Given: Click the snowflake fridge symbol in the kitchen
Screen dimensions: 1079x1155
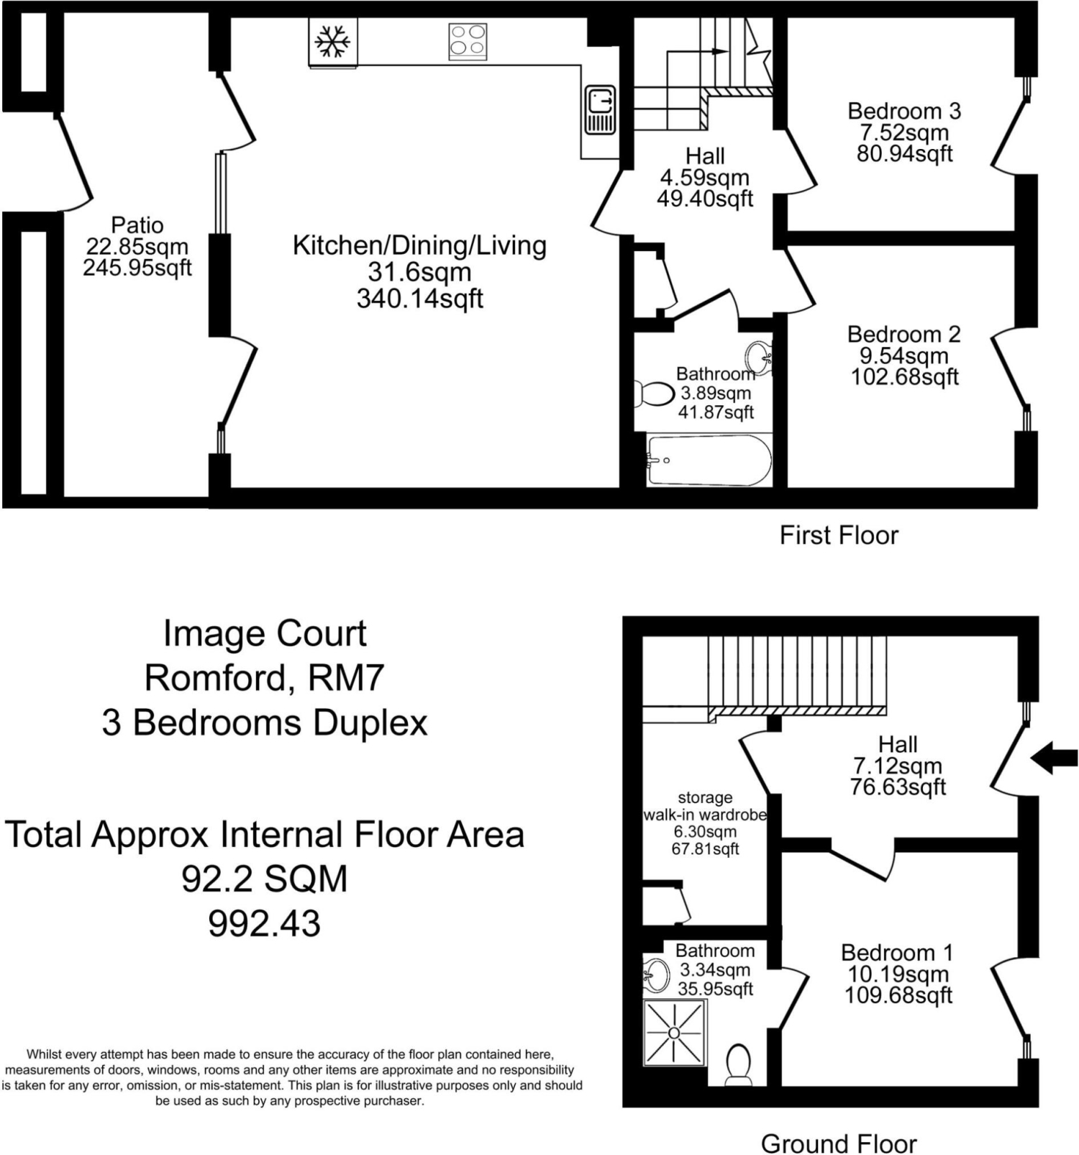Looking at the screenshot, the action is point(333,42).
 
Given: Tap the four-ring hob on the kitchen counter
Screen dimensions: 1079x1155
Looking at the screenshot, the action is point(468,41).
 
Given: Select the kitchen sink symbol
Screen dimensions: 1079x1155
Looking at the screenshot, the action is point(601,110).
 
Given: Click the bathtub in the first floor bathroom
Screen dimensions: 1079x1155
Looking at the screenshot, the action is point(709,460).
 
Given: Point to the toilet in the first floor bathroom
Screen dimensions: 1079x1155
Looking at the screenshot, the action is point(654,394).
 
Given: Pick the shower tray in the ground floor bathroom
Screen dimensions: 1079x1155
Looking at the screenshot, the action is point(674,1033).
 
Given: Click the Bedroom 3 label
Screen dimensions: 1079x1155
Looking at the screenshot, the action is point(904,111).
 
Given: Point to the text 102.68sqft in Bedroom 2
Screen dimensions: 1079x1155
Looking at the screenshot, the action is point(905,376).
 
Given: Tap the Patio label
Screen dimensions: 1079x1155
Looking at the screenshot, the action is point(137,225).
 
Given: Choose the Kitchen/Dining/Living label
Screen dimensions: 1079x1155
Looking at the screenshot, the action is point(419,245).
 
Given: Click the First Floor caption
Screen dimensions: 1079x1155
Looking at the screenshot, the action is point(839,535).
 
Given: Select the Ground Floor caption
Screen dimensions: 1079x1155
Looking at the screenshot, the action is point(839,1143).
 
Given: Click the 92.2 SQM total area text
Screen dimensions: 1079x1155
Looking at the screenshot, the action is point(265,879).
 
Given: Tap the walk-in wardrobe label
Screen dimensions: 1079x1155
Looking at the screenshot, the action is point(705,815).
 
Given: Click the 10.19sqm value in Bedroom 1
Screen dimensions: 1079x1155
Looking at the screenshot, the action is point(898,974).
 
